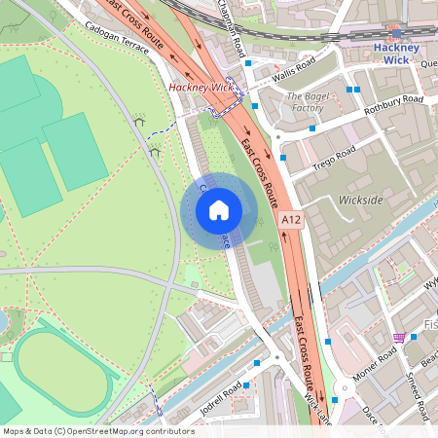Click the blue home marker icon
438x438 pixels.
point(219,209)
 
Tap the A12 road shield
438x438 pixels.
point(291,222)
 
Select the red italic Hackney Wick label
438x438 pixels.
point(201,88)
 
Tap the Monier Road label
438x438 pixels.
point(376,365)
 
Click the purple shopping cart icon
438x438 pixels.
point(398,338)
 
